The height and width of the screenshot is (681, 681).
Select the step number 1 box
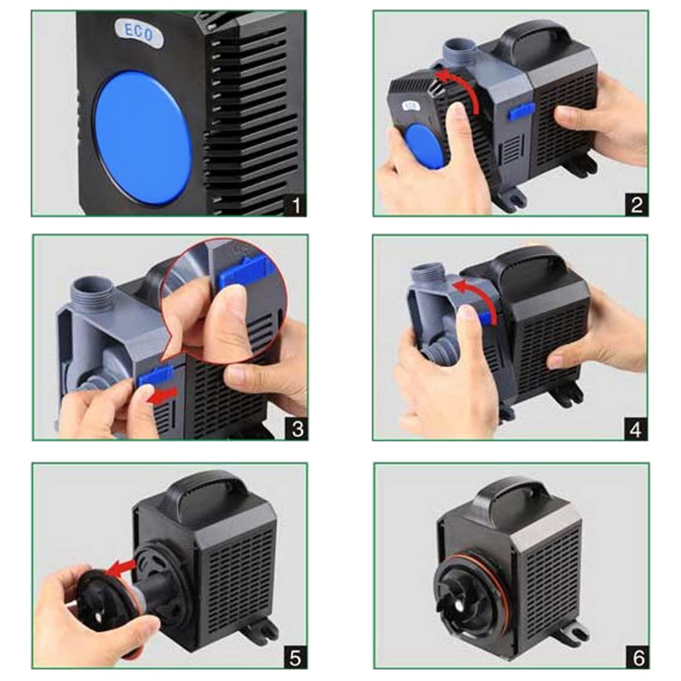pyautogui.click(x=296, y=205)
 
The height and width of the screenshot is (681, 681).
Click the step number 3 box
pyautogui.click(x=297, y=429)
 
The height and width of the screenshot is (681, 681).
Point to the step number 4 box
pyautogui.click(x=636, y=429)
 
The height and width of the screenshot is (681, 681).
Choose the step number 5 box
pyautogui.click(x=296, y=658)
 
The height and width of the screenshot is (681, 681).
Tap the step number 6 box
pyautogui.click(x=638, y=657)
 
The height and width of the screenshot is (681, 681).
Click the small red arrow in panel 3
pyautogui.click(x=163, y=395)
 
